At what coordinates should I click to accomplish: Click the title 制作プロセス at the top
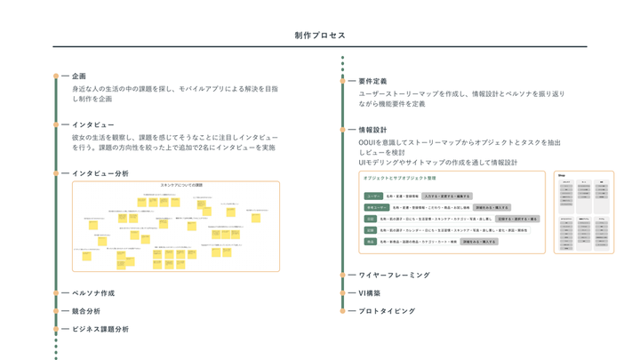(320, 36)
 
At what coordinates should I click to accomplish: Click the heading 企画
(79, 76)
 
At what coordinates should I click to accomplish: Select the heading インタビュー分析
(100, 173)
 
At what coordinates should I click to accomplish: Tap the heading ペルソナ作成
(93, 293)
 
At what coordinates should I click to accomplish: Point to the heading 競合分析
(86, 311)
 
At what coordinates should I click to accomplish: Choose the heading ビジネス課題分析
(100, 329)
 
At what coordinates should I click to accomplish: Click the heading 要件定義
(372, 81)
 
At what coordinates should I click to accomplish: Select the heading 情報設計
(372, 130)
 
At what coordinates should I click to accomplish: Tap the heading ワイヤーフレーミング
(394, 276)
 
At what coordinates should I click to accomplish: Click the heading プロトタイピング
(387, 311)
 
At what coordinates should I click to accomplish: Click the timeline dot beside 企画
(56, 76)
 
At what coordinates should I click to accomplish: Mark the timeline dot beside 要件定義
(343, 81)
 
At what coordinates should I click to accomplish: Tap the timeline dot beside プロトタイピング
(343, 311)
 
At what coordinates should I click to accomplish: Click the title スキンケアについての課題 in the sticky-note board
(181, 186)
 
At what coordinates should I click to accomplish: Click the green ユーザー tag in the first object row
(373, 196)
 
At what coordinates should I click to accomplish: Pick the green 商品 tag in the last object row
(371, 241)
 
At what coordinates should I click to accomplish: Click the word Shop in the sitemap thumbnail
(563, 174)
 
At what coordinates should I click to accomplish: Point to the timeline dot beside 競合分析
(56, 311)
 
